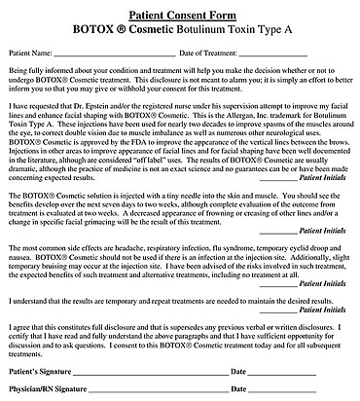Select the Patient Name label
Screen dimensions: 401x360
(30, 52)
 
